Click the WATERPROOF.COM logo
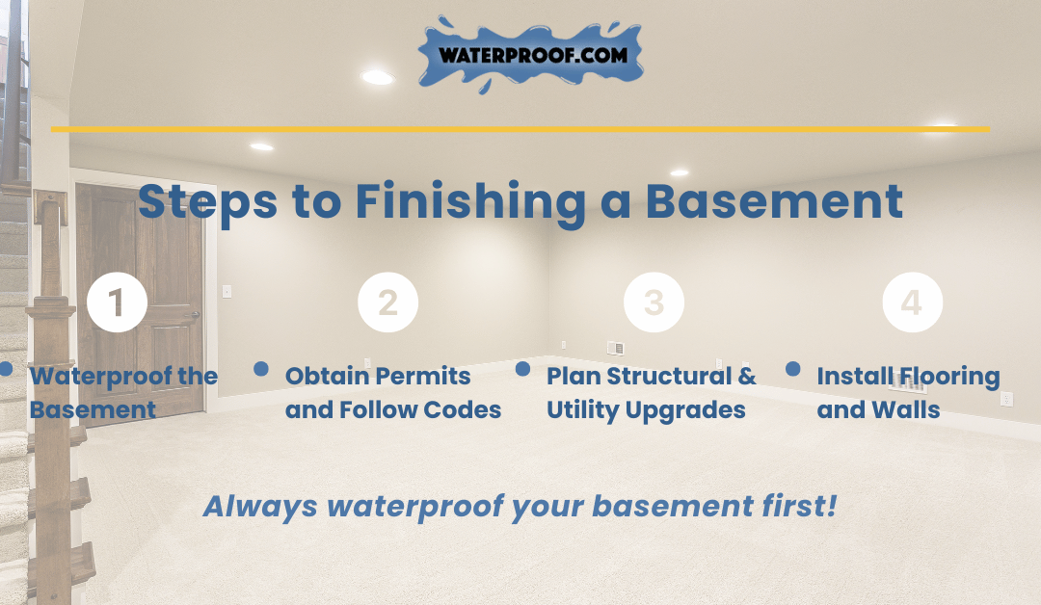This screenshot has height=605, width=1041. point(530,55)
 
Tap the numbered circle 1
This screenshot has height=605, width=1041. point(117,302)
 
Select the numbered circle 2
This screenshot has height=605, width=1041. point(387,302)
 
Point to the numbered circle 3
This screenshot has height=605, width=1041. point(654,302)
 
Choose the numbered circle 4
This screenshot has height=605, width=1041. point(912,302)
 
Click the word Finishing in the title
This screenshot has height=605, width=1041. point(470,202)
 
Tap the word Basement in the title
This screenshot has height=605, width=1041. point(774,201)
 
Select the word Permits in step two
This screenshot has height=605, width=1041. point(430,376)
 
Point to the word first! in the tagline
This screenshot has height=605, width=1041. point(799,506)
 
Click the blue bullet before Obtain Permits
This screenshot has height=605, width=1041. point(261,369)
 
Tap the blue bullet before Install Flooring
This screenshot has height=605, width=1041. point(792,369)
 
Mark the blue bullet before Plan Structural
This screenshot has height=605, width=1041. point(523,369)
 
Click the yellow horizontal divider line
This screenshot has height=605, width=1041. point(520,129)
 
